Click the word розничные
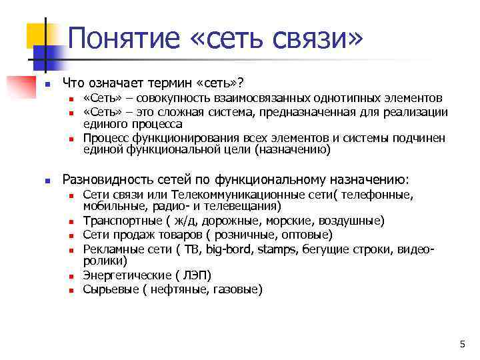click(241, 235)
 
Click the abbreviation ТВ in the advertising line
click(191, 249)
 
